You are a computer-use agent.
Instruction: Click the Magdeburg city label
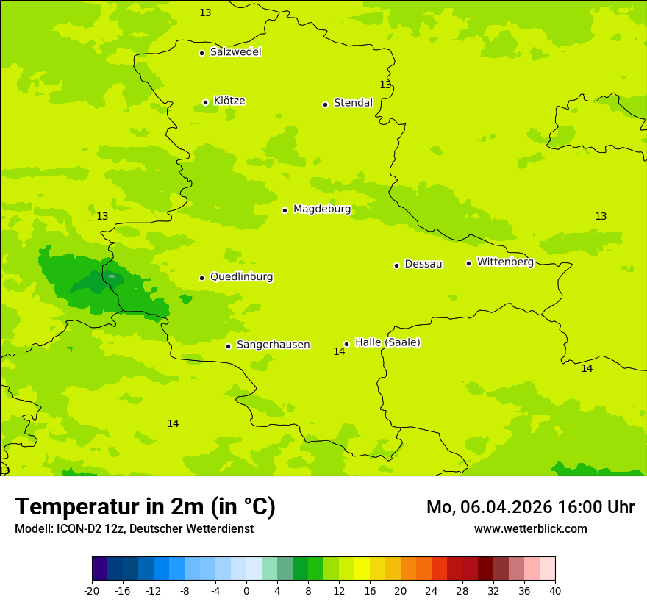(x=322, y=209)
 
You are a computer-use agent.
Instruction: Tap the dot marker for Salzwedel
(x=201, y=53)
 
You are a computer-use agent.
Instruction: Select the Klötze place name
(x=229, y=101)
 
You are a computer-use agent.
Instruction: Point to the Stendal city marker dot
(x=325, y=104)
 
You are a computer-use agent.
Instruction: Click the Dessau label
(x=423, y=264)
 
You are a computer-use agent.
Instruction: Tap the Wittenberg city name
(x=505, y=262)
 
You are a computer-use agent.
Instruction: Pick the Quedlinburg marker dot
(x=201, y=278)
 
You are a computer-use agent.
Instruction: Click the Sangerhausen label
(x=273, y=345)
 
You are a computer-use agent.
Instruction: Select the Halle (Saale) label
(x=387, y=342)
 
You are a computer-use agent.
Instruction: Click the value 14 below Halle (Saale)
(x=339, y=352)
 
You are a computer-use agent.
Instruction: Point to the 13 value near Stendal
(x=385, y=85)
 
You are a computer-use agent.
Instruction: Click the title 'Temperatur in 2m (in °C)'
(x=145, y=507)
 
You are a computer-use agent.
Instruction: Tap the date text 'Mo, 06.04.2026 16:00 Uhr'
(x=530, y=507)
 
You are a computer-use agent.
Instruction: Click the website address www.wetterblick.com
(x=530, y=529)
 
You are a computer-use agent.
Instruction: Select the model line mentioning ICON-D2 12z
(x=134, y=529)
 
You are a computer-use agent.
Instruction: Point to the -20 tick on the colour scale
(x=92, y=590)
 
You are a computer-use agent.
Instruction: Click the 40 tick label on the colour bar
(x=555, y=590)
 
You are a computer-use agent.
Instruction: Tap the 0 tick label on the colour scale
(x=246, y=590)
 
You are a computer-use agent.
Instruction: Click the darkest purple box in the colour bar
(x=99, y=569)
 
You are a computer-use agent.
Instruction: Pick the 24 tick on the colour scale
(x=432, y=590)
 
